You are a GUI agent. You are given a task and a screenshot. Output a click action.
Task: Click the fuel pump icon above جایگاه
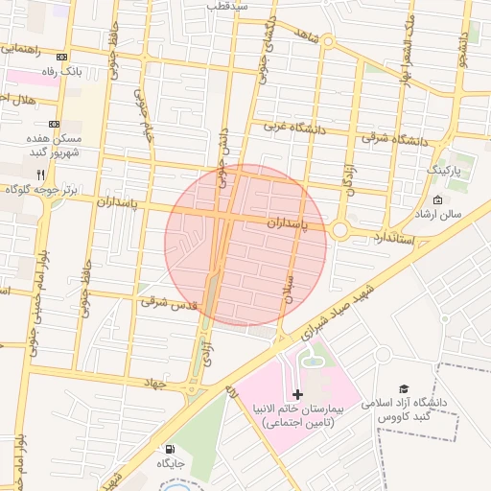(x=171, y=448)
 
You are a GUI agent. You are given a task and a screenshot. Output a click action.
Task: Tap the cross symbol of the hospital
(x=297, y=394)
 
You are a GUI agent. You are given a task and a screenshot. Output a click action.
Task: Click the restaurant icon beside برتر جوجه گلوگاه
(x=40, y=175)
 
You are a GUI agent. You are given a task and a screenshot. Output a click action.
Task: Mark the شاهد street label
(x=307, y=35)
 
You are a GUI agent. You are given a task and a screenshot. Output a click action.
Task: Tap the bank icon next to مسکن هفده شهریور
(x=54, y=125)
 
